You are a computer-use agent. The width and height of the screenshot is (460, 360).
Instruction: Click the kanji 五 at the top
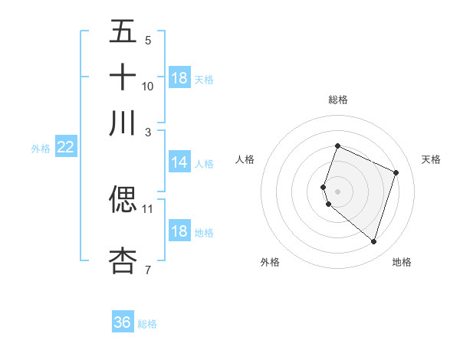[123, 31]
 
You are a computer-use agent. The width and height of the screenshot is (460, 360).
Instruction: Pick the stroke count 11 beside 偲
[148, 208]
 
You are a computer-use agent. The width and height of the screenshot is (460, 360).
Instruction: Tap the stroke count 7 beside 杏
[148, 270]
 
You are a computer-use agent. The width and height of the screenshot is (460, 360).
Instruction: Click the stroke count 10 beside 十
[148, 86]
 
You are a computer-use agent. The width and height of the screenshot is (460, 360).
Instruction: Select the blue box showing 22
[65, 147]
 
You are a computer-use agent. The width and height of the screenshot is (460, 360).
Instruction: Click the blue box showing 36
[123, 322]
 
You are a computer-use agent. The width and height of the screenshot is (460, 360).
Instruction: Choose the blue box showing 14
[179, 162]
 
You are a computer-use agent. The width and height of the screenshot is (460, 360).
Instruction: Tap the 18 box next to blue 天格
[179, 78]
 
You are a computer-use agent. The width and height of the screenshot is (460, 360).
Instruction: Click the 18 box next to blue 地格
[179, 231]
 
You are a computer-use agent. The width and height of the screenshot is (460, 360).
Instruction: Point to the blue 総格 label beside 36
[147, 324]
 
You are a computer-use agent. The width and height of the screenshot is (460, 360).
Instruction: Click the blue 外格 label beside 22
[41, 149]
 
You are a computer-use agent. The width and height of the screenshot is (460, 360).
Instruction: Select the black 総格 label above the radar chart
[337, 100]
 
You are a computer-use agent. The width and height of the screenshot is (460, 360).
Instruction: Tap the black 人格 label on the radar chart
[245, 159]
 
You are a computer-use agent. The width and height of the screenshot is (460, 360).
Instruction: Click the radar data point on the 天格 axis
[396, 172]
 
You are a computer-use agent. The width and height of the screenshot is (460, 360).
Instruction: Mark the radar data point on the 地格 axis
[373, 242]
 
